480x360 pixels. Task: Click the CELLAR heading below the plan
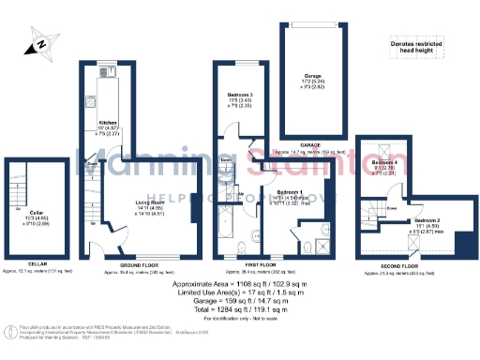click(x=37, y=264)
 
